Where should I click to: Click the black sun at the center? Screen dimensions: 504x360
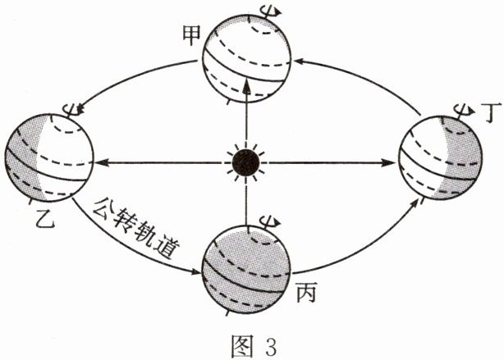(246, 163)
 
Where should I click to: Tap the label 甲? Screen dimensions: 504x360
(192, 35)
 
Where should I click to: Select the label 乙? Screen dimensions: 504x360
(44, 218)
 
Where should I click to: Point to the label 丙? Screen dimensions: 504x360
(306, 292)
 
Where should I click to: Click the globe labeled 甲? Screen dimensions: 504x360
(247, 58)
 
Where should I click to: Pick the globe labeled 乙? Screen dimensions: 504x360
(49, 157)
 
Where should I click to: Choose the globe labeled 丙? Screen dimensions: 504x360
(246, 269)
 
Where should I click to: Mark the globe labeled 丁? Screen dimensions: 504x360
(441, 157)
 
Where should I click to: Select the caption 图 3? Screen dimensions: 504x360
(254, 345)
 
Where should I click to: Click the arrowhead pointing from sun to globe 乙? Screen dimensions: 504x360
(100, 163)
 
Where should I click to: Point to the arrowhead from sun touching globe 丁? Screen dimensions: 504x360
(390, 163)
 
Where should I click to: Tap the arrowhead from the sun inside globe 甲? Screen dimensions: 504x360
(246, 86)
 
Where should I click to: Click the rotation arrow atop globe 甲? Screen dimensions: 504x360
(272, 13)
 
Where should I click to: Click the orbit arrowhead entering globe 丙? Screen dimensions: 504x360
(195, 271)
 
